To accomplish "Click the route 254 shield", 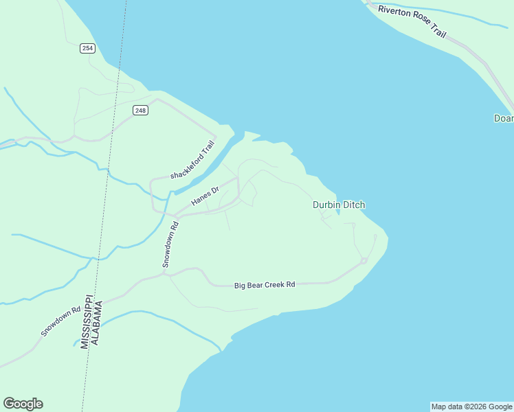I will click(87, 48).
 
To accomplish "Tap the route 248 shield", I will click(140, 110).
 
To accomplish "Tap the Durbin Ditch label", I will click(339, 205).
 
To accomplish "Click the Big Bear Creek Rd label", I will click(265, 284).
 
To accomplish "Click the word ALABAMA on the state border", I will click(98, 323).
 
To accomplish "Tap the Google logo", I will click(23, 404).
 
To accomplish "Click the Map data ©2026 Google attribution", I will click(471, 407).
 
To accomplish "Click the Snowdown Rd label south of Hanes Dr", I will click(170, 244).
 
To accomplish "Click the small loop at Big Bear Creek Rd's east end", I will click(364, 261).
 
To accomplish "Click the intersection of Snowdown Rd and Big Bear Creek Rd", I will click(164, 274).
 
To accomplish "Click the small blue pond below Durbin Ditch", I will click(338, 212).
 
